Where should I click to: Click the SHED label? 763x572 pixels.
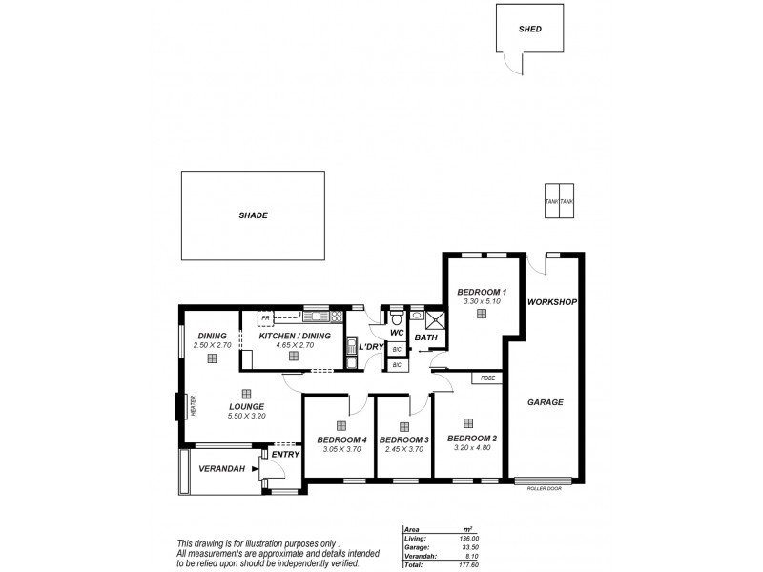coord(530,30)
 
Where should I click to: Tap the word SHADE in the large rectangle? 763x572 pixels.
coord(254,215)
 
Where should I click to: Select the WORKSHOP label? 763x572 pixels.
coord(553,302)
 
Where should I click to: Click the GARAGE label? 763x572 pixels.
coord(546,402)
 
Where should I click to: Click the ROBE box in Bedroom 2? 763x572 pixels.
coord(487,378)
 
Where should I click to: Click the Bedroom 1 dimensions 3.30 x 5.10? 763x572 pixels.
coord(482,301)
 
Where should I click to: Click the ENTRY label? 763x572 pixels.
coord(285,455)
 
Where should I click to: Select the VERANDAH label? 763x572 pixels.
coord(221,468)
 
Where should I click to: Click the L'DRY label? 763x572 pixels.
coord(371,347)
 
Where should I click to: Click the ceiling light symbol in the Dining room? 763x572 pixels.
coord(213,358)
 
